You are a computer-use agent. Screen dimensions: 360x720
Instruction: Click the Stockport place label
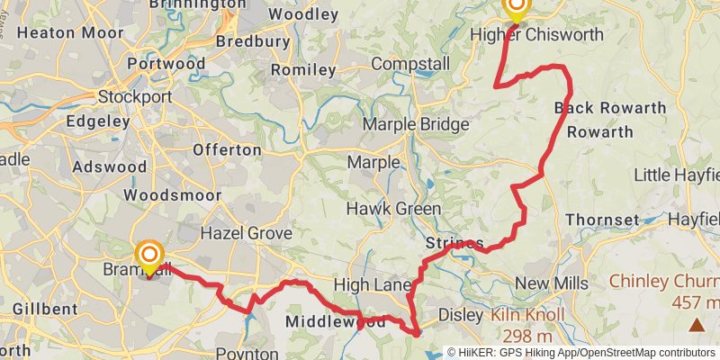tap(134, 96)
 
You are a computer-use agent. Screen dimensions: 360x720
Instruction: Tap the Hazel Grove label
tap(246, 233)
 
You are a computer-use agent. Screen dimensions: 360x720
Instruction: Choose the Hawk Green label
tap(393, 209)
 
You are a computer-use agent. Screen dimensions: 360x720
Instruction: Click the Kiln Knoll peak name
tap(527, 316)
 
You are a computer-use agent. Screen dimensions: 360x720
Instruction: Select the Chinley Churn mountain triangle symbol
tap(696, 324)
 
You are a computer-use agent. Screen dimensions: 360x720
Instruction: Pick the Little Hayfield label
tap(677, 174)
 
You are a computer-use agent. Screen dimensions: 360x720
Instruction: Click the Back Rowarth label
tap(610, 108)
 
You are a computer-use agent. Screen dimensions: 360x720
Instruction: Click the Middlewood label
tap(323, 320)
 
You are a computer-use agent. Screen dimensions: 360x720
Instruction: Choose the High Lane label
tap(372, 284)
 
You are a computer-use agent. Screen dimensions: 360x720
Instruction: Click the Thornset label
tap(602, 220)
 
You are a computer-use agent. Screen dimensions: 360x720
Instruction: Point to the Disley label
tap(460, 315)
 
